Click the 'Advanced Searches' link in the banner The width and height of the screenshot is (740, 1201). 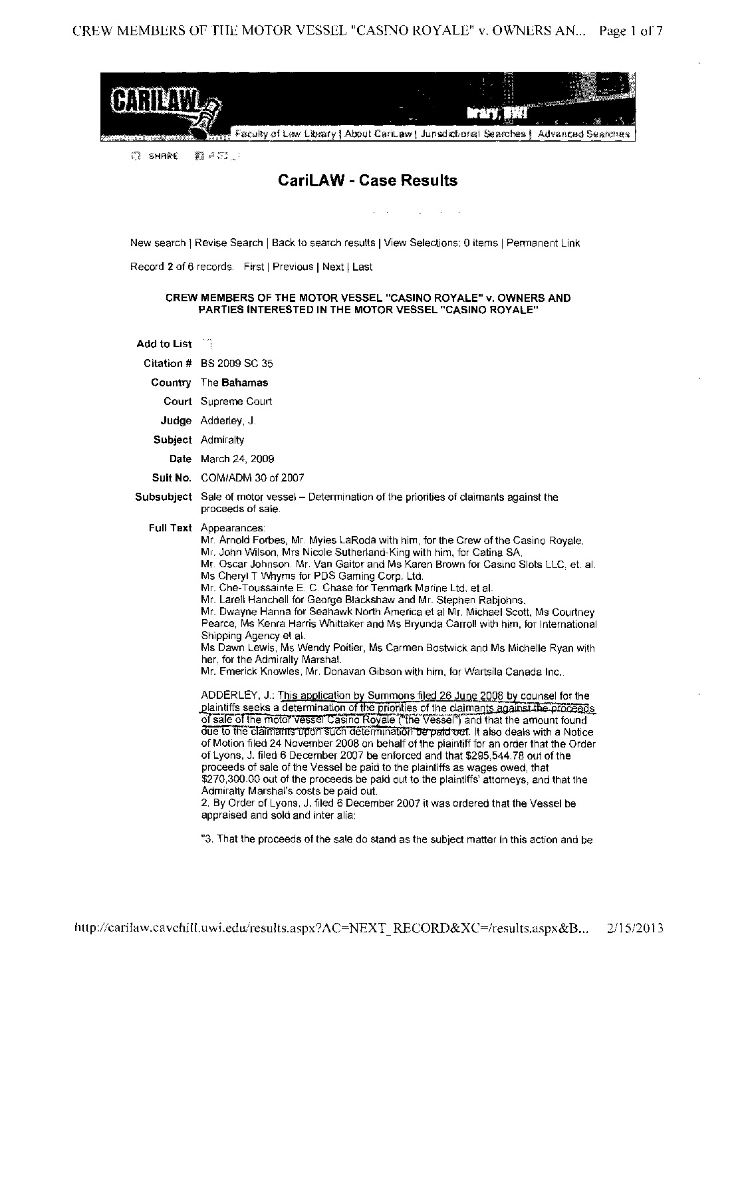click(583, 134)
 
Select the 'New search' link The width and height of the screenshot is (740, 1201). click(158, 243)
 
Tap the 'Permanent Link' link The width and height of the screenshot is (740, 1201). click(543, 243)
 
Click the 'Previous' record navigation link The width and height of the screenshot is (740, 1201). click(293, 267)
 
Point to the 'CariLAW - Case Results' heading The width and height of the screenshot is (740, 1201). click(367, 180)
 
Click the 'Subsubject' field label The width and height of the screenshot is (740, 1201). click(163, 497)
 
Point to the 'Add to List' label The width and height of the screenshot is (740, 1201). click(164, 344)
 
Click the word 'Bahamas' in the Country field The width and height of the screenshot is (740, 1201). click(245, 382)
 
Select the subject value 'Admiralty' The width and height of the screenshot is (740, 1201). click(223, 440)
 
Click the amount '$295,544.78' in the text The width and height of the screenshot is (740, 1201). click(498, 756)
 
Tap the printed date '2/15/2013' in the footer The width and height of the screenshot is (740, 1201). click(636, 928)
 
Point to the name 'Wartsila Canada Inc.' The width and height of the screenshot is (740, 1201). click(518, 672)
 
